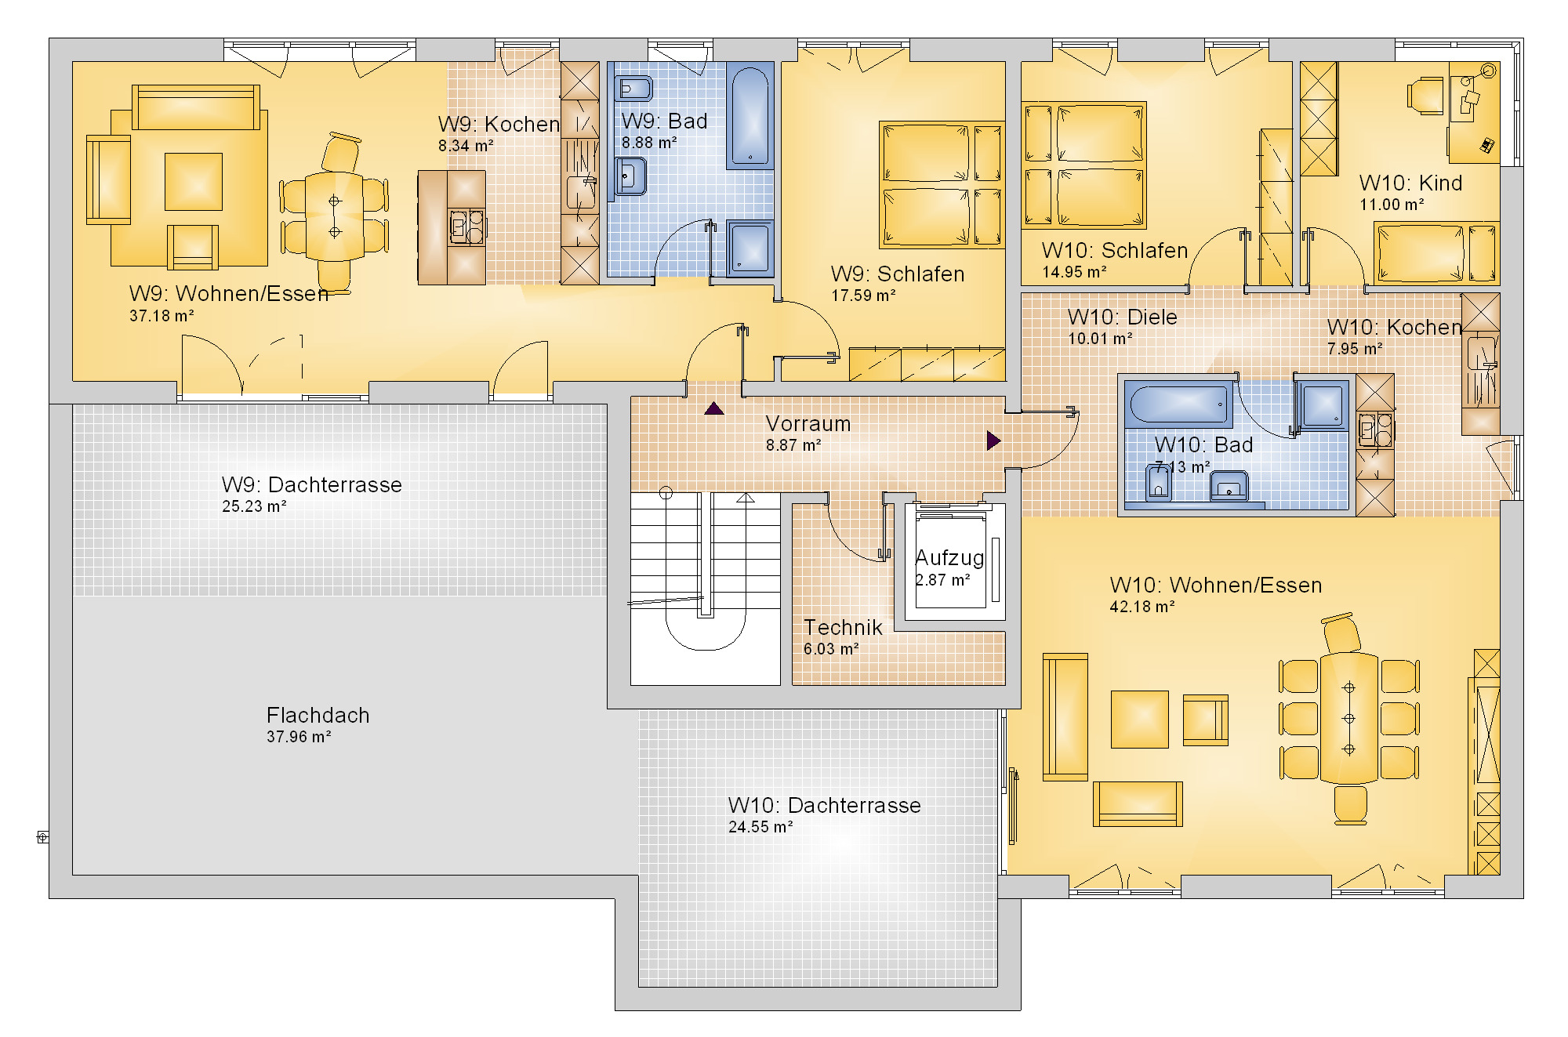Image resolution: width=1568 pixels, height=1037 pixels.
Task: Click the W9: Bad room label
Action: point(664,121)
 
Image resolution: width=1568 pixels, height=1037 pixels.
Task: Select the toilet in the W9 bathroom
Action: point(633,89)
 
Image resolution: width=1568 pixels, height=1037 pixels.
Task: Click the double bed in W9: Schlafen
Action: point(942,185)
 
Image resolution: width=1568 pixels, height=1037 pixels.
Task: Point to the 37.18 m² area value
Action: point(162,316)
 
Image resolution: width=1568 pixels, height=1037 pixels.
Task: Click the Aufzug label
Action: point(949,558)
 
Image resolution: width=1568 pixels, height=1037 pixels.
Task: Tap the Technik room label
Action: point(843,628)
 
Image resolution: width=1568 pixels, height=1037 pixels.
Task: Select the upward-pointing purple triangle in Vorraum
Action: point(713,408)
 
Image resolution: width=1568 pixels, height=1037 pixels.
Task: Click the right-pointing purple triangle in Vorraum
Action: point(994,441)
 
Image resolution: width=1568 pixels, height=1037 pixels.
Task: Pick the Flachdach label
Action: point(318,716)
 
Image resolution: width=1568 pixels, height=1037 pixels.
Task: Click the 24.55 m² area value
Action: point(760,827)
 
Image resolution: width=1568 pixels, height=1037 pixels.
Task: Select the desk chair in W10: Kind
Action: point(1425,96)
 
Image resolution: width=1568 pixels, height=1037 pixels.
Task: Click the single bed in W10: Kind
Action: point(1436,252)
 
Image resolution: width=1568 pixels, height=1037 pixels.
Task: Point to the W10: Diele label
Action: point(1122,317)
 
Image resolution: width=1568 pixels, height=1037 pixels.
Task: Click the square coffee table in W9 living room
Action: point(193,182)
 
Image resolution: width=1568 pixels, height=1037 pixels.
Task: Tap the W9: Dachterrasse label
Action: point(311,485)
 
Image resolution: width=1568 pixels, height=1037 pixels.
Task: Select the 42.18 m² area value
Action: point(1142,607)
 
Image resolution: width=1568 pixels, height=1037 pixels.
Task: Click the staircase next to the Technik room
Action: point(706,588)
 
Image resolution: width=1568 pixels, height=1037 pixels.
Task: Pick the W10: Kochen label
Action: point(1394,328)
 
